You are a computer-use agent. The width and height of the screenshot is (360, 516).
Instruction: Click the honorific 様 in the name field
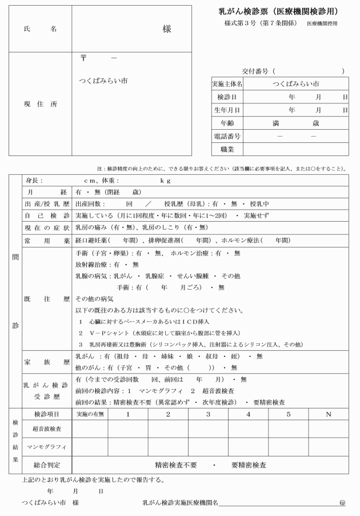tap(166, 29)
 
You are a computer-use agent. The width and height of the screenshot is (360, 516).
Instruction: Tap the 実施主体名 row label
tap(227, 83)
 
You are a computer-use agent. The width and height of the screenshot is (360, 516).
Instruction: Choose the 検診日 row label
tap(227, 97)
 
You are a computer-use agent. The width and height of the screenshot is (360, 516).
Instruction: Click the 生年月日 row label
tap(227, 110)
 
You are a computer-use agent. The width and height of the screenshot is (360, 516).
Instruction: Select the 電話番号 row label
tap(227, 137)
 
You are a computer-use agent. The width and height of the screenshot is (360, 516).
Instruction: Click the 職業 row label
tap(227, 150)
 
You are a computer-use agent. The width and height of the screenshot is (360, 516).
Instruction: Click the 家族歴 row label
tap(47, 362)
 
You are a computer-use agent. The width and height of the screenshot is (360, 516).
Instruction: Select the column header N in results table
tap(327, 414)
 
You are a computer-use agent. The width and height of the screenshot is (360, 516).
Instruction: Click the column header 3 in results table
tap(208, 414)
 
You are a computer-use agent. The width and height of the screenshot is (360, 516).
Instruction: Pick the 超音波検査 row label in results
tap(47, 428)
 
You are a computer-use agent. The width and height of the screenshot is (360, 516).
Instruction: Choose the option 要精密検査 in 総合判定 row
tap(249, 465)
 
